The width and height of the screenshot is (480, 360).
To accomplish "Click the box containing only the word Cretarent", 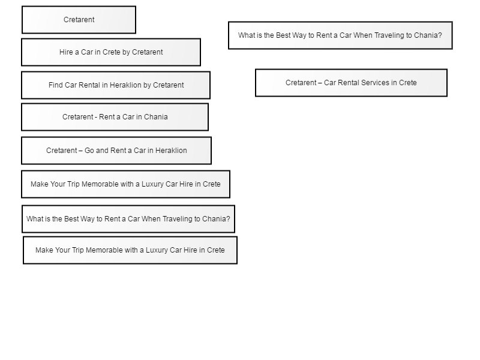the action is coord(79,20).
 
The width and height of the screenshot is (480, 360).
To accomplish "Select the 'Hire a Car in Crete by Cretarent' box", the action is coord(111,52).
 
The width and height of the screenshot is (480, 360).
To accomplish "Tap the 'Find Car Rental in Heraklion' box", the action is coord(116,85).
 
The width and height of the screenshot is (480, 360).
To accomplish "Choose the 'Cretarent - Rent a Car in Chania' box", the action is coord(115,117).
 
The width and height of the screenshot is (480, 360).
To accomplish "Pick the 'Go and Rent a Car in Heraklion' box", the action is coord(116,151).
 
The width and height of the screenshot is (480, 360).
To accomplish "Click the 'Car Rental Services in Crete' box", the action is coord(351,83).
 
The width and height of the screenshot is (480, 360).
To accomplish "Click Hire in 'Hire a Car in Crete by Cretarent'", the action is coord(66,52).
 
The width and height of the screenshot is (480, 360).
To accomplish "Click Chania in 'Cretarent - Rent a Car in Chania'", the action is coord(157,117).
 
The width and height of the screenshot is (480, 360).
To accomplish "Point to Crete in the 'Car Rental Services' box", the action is coord(408,83).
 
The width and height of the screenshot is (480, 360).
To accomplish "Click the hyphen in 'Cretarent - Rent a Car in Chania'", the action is coord(96,117).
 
